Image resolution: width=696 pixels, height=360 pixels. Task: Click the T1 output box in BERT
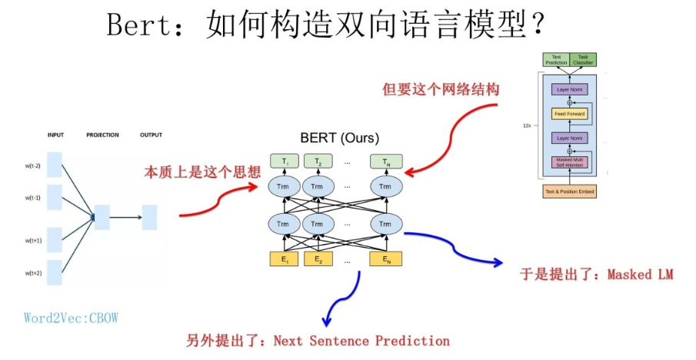pos(285,162)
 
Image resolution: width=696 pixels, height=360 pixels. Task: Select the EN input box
pos(385,259)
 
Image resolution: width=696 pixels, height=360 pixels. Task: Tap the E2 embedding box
pos(318,259)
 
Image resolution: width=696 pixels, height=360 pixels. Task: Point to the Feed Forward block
pos(569,114)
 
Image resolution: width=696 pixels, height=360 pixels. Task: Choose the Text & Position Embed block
pos(569,191)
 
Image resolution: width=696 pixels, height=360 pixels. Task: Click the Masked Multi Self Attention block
pos(569,162)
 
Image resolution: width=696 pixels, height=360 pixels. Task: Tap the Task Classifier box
pos(583,60)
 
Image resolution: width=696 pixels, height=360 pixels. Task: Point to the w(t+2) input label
pos(33,273)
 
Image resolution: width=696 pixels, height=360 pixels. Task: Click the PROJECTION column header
pos(102,135)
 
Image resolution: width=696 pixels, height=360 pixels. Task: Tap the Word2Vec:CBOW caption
pos(71,317)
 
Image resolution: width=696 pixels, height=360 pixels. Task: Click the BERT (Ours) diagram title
pos(339,138)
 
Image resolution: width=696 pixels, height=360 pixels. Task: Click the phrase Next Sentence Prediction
pos(361,341)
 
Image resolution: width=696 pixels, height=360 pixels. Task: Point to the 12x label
pos(526,125)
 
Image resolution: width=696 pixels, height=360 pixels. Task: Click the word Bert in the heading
pos(135,25)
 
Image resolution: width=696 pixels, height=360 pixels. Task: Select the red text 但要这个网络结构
pos(441,89)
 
